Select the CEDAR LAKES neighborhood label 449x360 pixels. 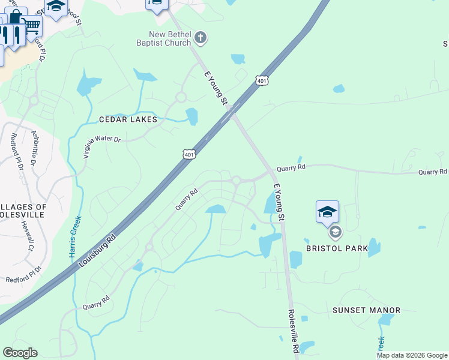click(128, 119)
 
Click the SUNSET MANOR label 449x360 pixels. click(366, 310)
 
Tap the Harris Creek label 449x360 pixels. click(76, 236)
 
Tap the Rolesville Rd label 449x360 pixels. click(294, 331)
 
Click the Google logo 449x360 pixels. click(20, 353)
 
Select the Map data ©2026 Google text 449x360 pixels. click(411, 355)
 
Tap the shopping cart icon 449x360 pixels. click(32, 26)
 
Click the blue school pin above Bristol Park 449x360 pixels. click(327, 212)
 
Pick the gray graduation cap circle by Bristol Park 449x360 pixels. click(334, 232)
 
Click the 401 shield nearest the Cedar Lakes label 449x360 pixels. click(189, 155)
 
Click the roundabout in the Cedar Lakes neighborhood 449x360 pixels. click(180, 97)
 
